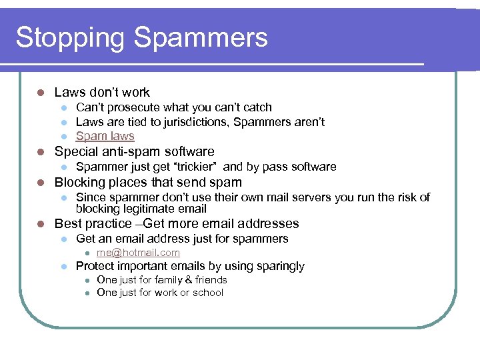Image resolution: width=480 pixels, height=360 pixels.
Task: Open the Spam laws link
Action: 105,136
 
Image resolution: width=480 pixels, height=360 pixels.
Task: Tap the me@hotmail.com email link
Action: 138,253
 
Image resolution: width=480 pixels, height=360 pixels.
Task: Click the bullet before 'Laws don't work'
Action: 41,93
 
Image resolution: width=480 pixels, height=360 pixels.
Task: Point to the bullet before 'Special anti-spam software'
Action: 41,152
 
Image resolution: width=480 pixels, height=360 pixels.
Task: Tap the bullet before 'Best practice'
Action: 41,224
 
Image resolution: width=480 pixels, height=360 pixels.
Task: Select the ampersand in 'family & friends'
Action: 187,280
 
